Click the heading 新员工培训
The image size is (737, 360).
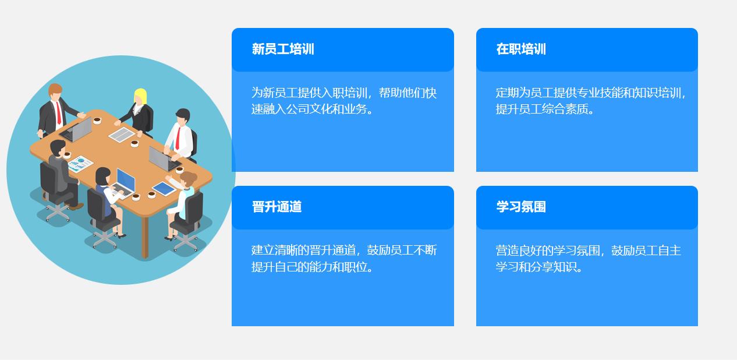point(283,49)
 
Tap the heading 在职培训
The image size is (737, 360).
point(521,49)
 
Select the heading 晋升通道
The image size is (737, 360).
point(277,207)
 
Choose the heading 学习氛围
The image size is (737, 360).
point(521,207)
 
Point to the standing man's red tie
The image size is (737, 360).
point(59,112)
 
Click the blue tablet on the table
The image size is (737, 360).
point(164,188)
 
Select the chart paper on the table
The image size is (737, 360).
point(80,164)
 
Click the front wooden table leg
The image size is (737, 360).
point(145,237)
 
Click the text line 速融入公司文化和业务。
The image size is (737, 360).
point(313,109)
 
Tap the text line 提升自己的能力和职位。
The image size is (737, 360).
point(313,267)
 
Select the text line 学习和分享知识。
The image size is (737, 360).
point(539,267)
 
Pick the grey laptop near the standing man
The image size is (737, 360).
point(76,129)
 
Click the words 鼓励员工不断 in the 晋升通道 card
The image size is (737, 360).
point(402,250)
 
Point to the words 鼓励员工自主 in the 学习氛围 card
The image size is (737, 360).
point(646,250)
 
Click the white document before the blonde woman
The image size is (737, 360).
point(122,134)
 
